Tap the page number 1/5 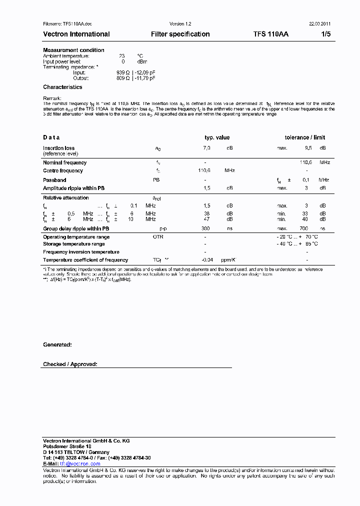point(325,34)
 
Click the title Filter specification point(180,34)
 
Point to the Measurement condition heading point(73,50)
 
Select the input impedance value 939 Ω point(123,72)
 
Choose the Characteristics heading point(62,87)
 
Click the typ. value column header point(217,137)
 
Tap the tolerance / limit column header point(304,137)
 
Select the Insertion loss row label point(58,148)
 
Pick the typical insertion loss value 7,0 point(206,148)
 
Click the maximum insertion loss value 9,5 point(308,148)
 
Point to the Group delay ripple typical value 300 point(205,228)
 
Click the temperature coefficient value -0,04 point(207,260)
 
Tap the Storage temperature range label point(74,244)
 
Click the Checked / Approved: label point(70,364)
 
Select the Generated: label point(57,345)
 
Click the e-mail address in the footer point(80,464)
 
